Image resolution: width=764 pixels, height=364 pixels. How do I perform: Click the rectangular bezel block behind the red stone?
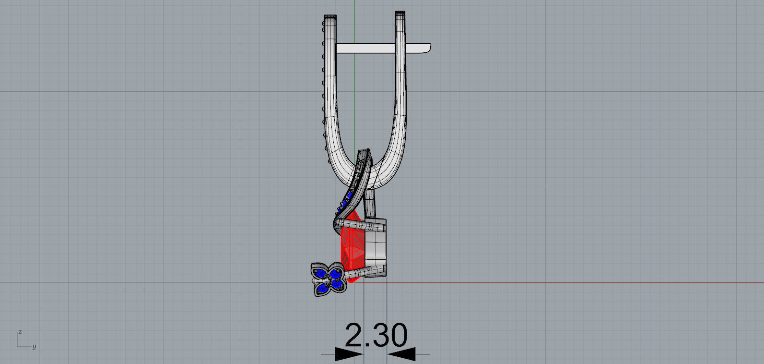pyautogui.click(x=376, y=247)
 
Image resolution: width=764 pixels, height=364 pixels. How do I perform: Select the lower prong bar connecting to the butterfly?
pyautogui.click(x=369, y=272)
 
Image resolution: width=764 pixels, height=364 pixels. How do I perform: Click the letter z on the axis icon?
pyautogui.click(x=20, y=332)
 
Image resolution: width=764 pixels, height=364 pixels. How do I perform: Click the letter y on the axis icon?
pyautogui.click(x=34, y=347)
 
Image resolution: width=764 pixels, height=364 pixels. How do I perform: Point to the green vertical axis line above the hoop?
pyautogui.click(x=354, y=7)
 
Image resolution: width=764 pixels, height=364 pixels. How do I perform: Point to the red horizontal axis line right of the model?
pyautogui.click(x=576, y=282)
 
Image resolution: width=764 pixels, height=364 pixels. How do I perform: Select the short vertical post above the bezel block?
pyautogui.click(x=370, y=204)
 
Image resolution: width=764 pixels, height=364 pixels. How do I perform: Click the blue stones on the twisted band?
pyautogui.click(x=344, y=205)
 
